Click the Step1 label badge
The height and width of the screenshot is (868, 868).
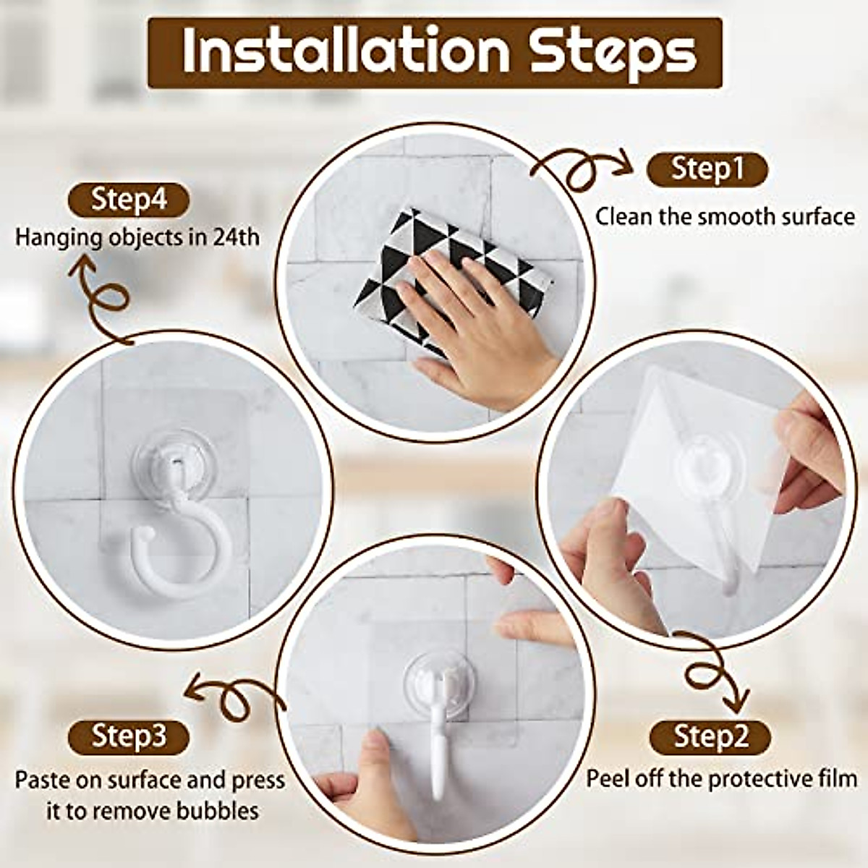[x=706, y=169]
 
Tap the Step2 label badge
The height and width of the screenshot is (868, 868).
[x=710, y=736]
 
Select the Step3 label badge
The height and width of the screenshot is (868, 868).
[x=128, y=736]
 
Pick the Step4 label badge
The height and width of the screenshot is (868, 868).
[x=128, y=200]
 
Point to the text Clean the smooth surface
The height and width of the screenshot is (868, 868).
[x=724, y=216]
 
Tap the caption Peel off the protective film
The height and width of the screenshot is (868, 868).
[x=721, y=779]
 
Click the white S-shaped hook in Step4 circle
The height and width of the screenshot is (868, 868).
[x=177, y=535]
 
